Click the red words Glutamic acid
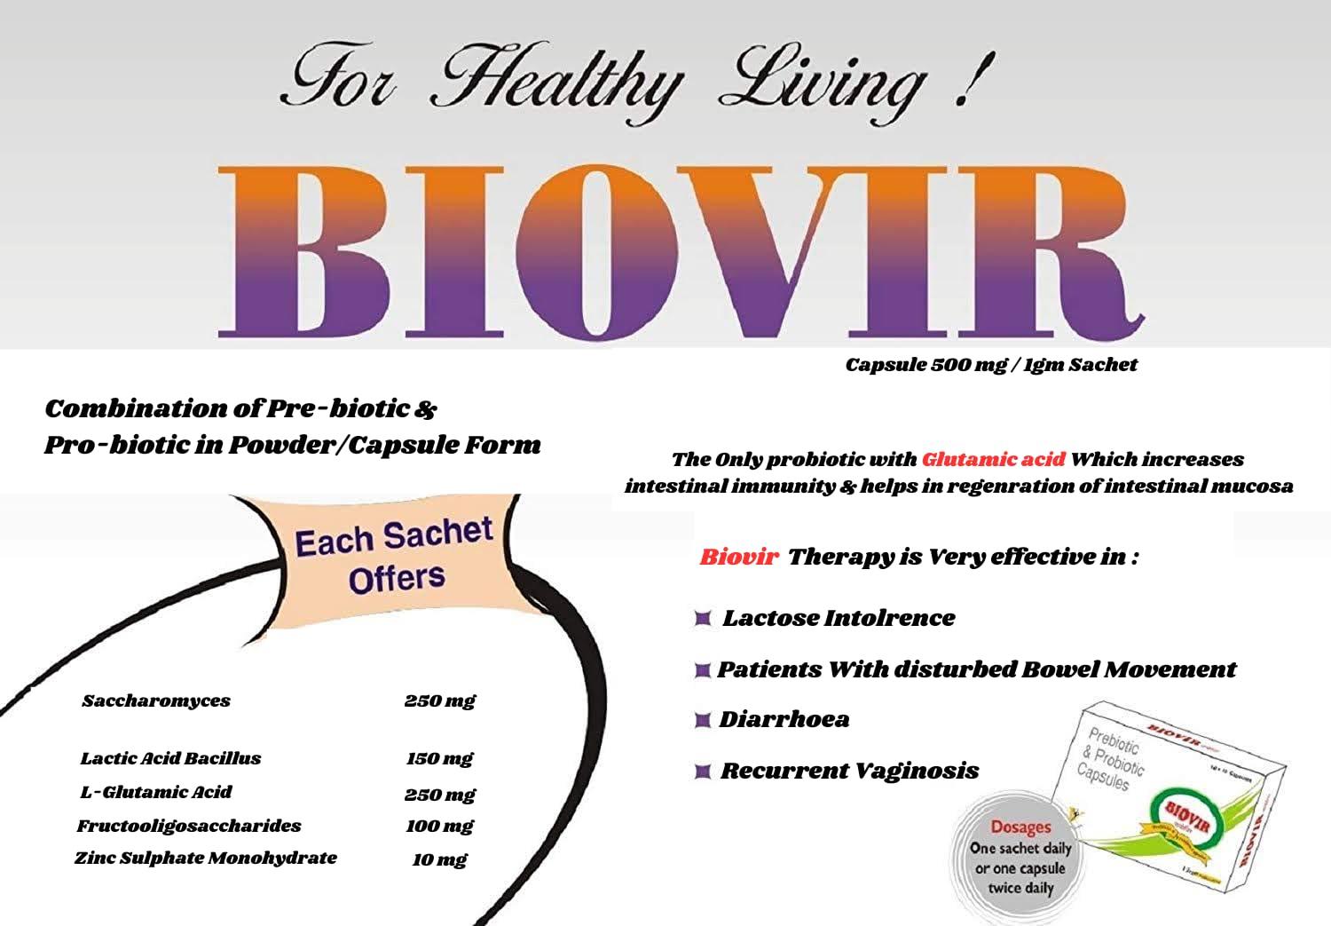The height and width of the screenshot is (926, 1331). click(x=993, y=460)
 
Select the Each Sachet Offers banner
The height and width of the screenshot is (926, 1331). click(x=394, y=557)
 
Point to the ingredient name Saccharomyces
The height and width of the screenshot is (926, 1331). click(x=156, y=701)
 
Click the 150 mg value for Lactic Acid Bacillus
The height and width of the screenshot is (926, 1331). click(x=439, y=759)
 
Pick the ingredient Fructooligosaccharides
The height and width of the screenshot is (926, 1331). click(x=188, y=827)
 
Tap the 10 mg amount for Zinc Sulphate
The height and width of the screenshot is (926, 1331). click(x=439, y=859)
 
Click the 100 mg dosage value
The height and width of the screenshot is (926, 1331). click(x=439, y=827)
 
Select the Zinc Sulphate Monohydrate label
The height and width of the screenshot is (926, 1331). click(x=206, y=859)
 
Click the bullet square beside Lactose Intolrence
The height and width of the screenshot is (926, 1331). click(x=703, y=618)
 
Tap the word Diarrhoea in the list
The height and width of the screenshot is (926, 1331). click(x=784, y=719)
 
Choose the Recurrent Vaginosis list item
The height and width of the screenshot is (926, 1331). click(x=849, y=771)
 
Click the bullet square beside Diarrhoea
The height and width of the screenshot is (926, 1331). click(x=703, y=720)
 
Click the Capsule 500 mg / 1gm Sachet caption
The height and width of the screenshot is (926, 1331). click(x=990, y=365)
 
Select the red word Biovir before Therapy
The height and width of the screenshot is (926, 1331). click(x=738, y=558)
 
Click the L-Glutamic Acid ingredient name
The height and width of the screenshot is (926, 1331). click(x=156, y=793)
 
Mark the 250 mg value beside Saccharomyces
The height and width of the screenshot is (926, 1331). click(x=439, y=701)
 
